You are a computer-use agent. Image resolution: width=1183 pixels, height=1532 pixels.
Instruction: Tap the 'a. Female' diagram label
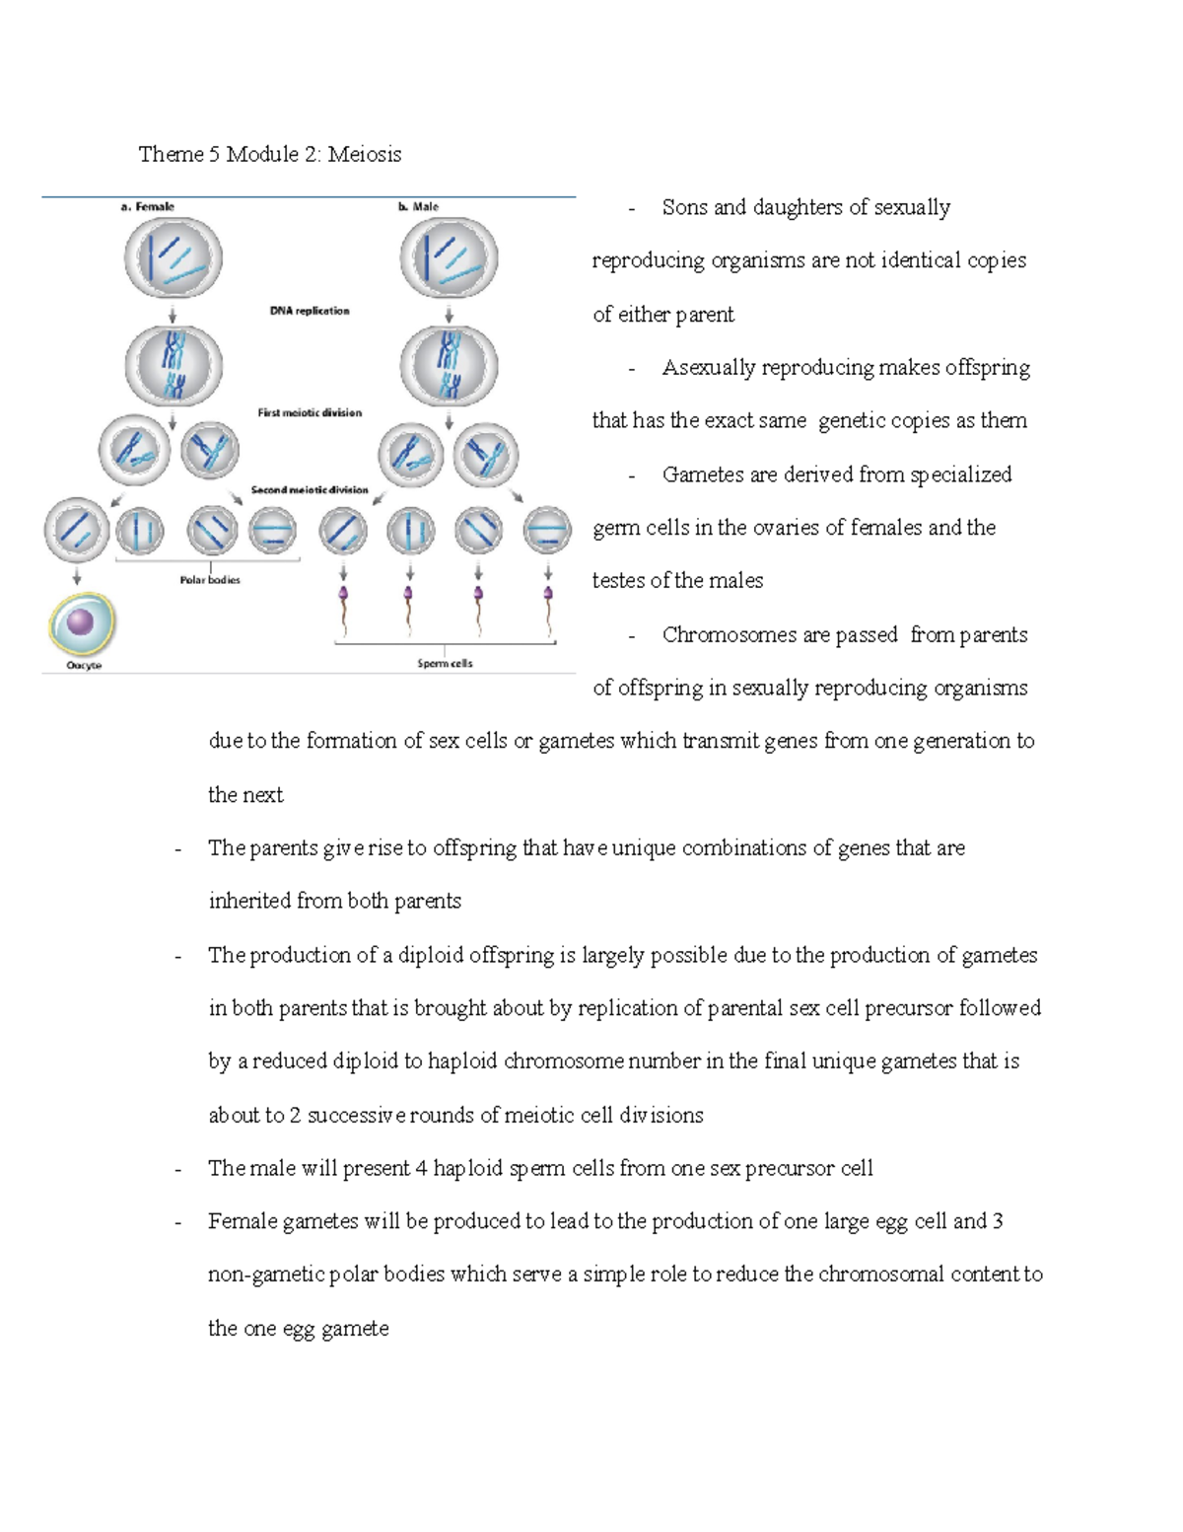coord(147,206)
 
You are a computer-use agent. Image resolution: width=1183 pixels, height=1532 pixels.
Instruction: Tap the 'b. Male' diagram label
coord(418,206)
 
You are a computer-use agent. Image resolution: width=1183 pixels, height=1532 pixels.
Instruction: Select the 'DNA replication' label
coord(310,311)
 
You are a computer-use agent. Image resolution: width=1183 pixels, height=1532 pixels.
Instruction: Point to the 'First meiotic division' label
coord(310,412)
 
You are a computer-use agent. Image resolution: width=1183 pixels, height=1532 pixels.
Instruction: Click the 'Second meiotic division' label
coord(310,489)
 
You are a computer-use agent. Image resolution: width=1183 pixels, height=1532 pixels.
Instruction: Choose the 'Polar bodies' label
coord(209,580)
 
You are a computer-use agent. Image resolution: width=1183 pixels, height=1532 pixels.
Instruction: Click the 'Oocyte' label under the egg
coord(84,666)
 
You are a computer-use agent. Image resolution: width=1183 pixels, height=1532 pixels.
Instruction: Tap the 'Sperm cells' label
coord(445,664)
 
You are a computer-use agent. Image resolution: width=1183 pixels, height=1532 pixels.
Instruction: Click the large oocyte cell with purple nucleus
coord(82,623)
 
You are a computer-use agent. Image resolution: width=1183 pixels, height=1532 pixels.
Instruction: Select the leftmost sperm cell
coord(344,610)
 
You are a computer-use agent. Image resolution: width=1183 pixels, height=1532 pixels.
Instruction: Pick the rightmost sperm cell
coord(548,610)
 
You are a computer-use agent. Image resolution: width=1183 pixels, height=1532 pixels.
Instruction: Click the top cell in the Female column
coord(173,257)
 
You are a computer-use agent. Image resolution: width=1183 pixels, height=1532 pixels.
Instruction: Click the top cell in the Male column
coord(449,257)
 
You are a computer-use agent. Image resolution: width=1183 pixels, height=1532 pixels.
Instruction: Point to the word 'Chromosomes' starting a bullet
coord(729,635)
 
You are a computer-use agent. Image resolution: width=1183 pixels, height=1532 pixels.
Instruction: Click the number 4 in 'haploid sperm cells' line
coord(421,1169)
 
